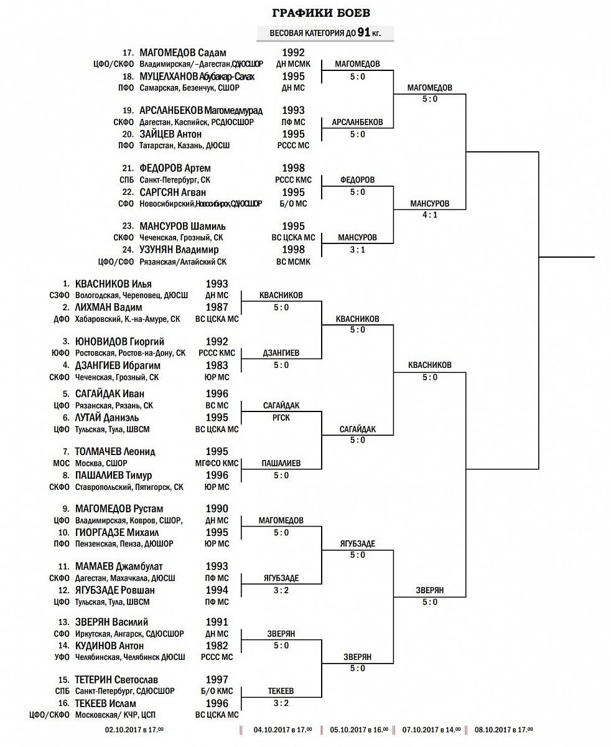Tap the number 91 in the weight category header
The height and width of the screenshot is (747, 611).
point(364,33)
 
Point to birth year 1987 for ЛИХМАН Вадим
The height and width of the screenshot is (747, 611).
point(217,307)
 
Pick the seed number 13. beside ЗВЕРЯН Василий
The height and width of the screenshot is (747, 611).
point(64,622)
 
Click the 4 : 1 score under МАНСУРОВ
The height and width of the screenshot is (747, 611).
point(429,215)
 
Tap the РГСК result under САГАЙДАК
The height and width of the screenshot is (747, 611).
point(281,417)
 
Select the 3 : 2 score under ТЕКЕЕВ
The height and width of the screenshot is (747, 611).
point(281,703)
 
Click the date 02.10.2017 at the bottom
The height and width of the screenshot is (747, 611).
point(134,730)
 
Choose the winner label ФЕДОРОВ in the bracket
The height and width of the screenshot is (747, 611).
point(357,180)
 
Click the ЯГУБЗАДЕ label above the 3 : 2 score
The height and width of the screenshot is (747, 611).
point(281,578)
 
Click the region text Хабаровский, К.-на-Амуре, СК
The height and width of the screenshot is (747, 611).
point(128,319)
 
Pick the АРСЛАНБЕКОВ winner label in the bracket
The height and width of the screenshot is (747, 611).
point(357,122)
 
